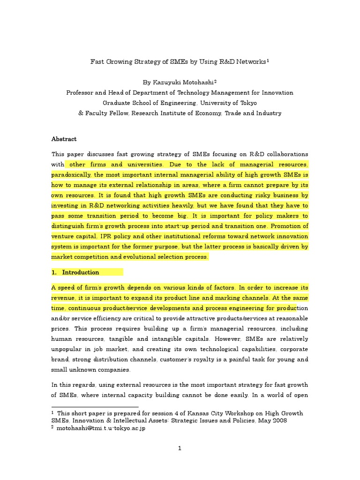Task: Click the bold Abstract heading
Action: pos(64,139)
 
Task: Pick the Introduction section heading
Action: pos(80,272)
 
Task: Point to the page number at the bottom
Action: pos(180,448)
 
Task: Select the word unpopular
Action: pos(68,349)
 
